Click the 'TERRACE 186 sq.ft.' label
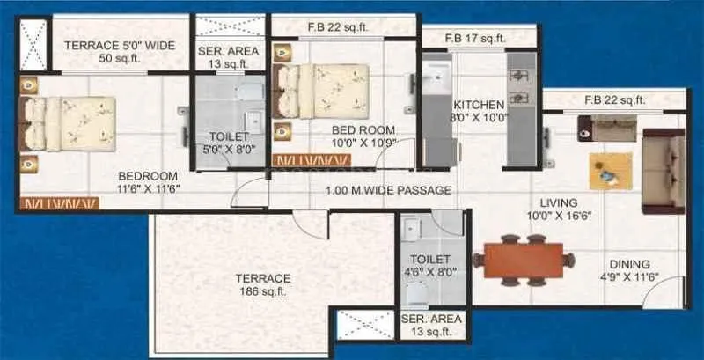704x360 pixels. tap(263, 284)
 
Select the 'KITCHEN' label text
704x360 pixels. tap(479, 105)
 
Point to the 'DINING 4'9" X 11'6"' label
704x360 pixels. tap(628, 270)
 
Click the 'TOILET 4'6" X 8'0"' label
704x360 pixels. tap(430, 266)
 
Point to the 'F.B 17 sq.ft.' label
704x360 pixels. tap(475, 38)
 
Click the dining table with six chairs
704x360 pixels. tap(524, 260)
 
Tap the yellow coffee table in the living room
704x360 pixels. tap(611, 171)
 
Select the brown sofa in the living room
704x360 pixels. tap(663, 171)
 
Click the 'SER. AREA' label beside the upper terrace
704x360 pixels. tap(229, 57)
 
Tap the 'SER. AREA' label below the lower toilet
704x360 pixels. tap(427, 325)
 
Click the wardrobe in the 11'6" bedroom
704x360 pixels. tap(60, 204)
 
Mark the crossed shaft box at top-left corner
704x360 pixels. tap(34, 43)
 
